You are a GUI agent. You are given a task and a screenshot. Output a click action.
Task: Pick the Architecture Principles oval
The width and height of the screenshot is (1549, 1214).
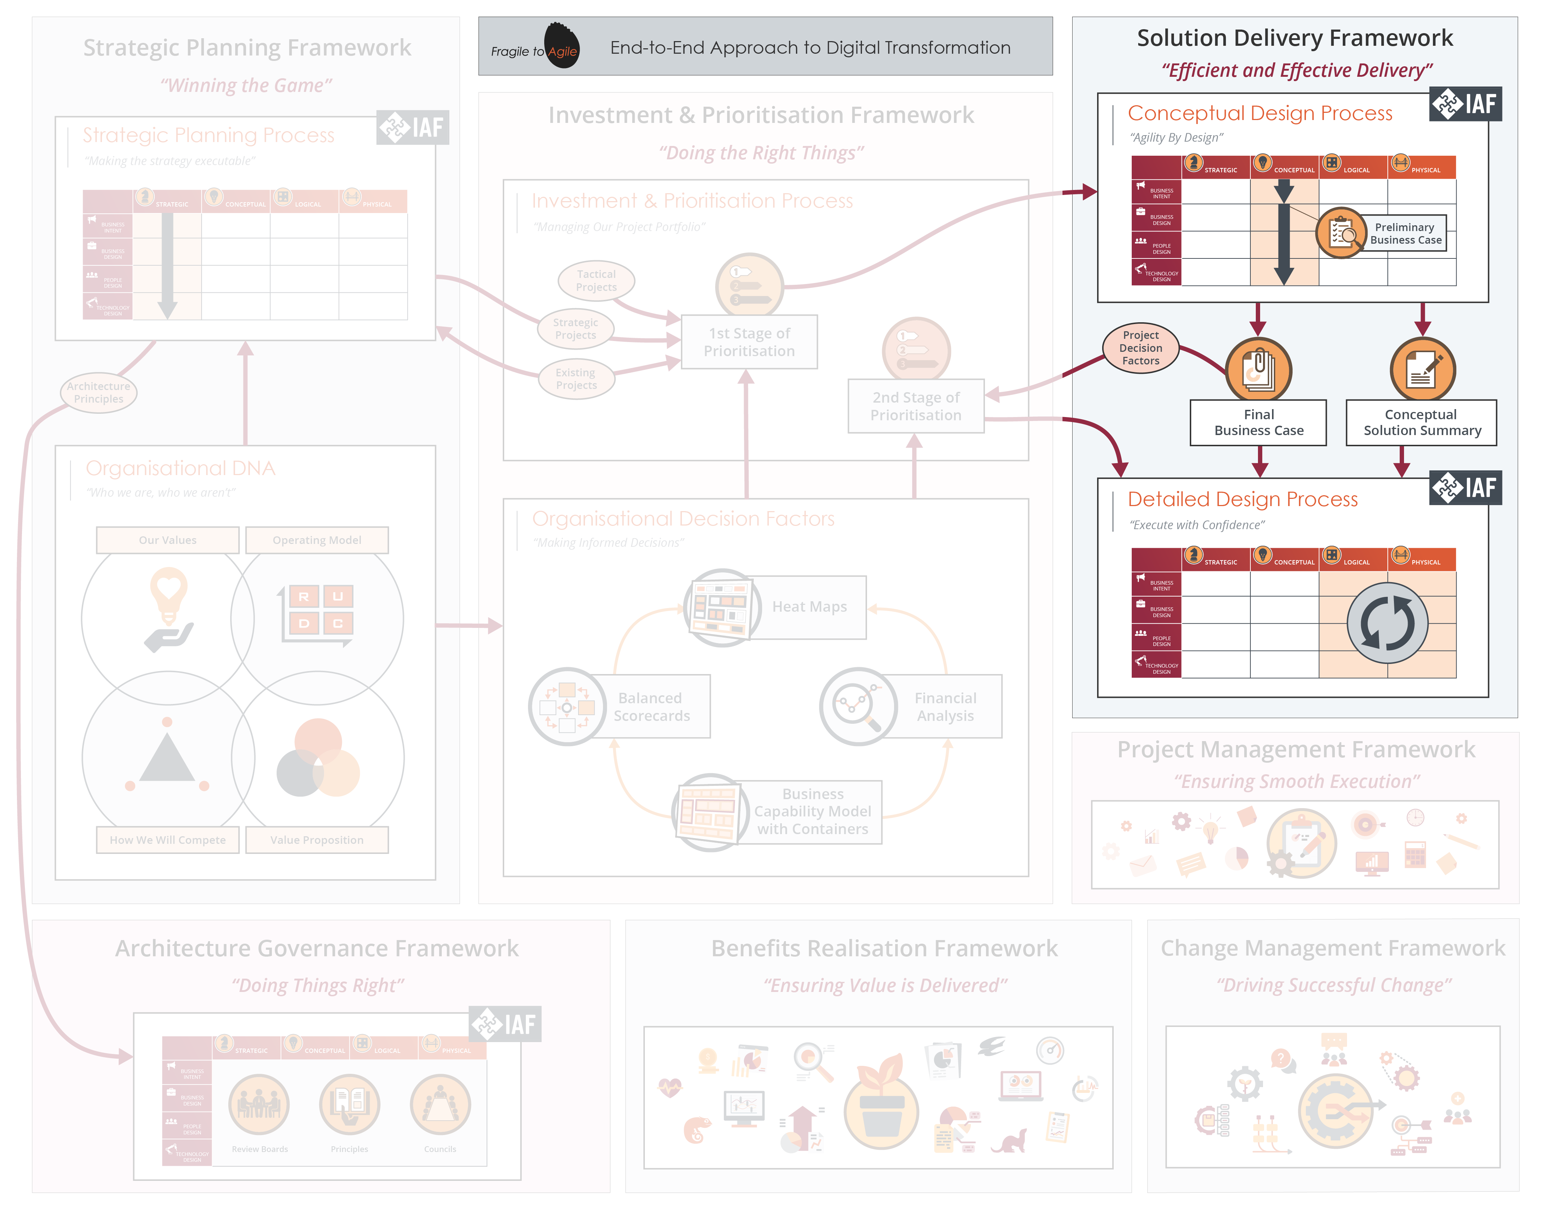tap(98, 392)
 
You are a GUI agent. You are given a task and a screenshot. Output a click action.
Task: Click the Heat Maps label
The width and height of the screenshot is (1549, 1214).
tap(809, 606)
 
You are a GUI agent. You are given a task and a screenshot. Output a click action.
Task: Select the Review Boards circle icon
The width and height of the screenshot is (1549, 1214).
tap(259, 1104)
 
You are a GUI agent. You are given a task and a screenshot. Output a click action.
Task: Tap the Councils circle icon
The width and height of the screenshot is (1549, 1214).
tap(440, 1104)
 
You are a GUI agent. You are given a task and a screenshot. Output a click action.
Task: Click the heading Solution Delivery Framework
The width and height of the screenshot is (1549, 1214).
tap(1294, 38)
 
